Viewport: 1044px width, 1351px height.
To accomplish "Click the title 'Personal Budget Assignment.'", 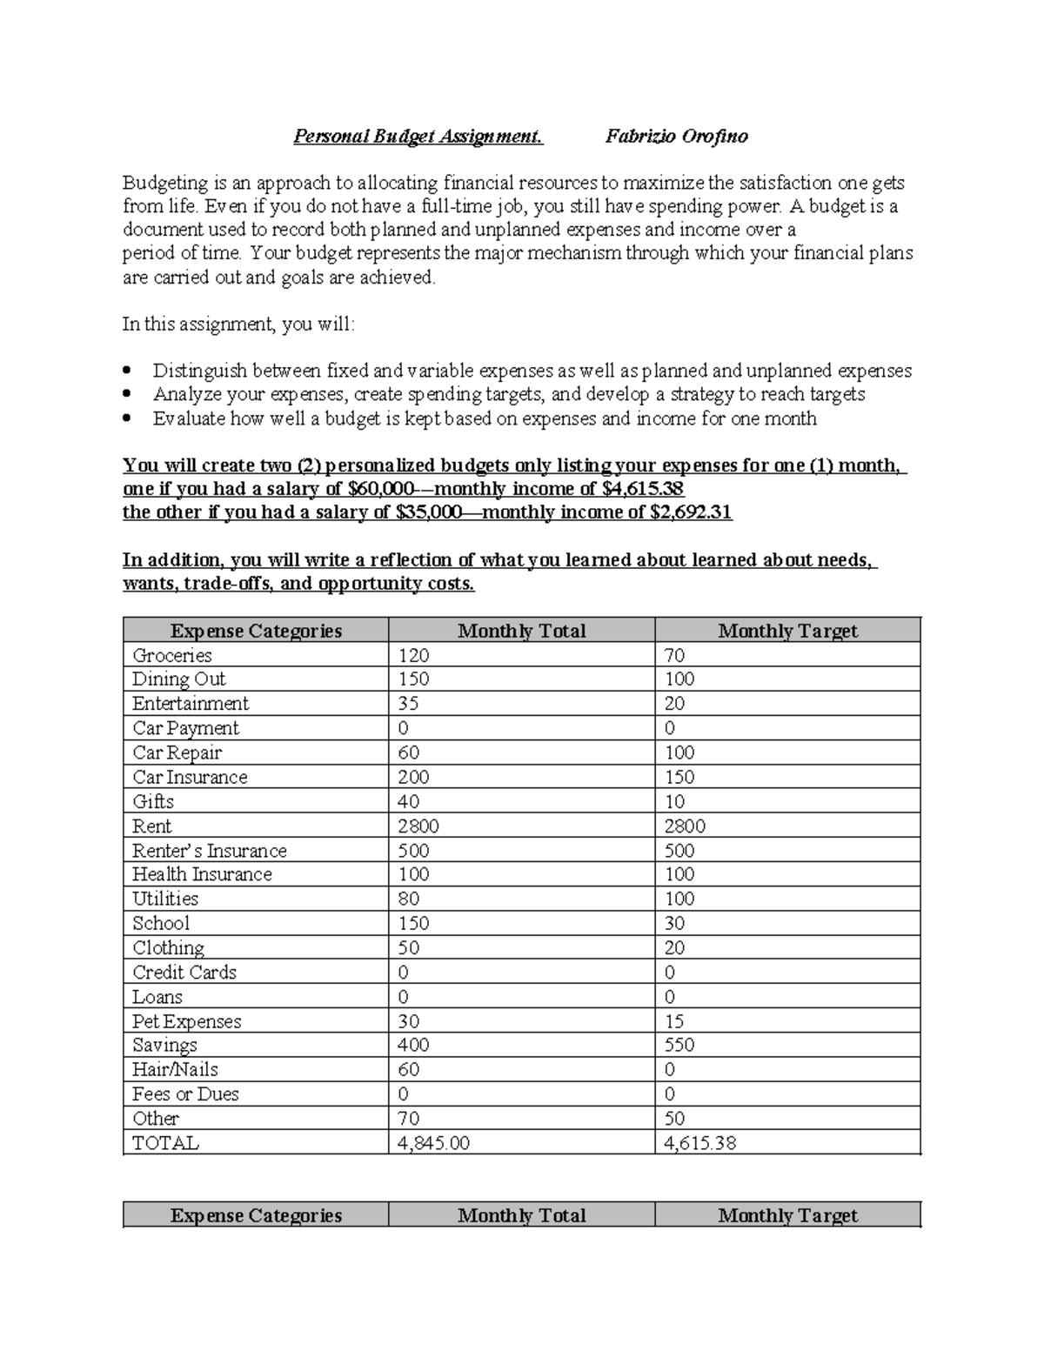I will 418,137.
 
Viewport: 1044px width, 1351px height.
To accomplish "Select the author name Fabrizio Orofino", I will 676,137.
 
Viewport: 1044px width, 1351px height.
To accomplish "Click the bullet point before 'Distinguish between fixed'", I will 129,371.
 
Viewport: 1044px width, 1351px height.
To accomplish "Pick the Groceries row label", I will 172,655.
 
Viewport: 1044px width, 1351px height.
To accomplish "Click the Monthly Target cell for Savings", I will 679,1045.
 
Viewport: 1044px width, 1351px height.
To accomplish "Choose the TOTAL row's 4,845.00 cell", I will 433,1142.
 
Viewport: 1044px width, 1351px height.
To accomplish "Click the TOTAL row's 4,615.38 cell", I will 699,1142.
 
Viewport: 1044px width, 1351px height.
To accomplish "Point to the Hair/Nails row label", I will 175,1069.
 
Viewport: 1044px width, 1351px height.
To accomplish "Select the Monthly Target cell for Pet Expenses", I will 674,1021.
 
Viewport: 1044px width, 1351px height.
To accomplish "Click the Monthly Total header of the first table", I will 521,631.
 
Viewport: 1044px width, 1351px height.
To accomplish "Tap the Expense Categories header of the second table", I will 256,1215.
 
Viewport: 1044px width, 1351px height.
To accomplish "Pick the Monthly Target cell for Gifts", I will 674,801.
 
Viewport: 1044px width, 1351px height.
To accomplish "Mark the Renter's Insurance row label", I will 209,850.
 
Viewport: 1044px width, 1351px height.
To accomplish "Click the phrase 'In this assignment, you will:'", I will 238,324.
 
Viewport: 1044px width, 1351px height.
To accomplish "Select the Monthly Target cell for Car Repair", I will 679,752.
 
